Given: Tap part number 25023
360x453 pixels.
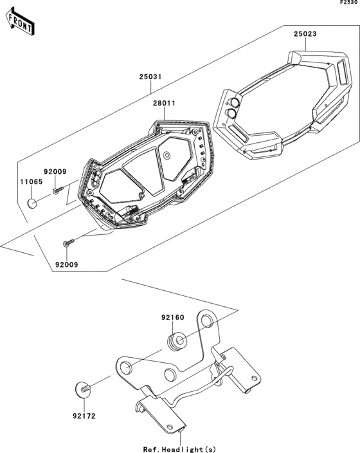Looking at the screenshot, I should pyautogui.click(x=306, y=34).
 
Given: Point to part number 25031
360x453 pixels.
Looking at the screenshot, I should pyautogui.click(x=151, y=77).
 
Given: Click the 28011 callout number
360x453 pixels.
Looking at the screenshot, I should pyautogui.click(x=164, y=103).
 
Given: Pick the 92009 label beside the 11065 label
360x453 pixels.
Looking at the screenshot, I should pyautogui.click(x=55, y=172).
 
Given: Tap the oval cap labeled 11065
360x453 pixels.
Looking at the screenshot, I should pyautogui.click(x=32, y=204).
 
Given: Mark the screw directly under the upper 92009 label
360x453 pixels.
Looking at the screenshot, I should pyautogui.click(x=57, y=190).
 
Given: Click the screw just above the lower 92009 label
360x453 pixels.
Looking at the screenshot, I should pyautogui.click(x=69, y=243).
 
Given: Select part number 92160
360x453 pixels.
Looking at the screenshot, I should pyautogui.click(x=172, y=317).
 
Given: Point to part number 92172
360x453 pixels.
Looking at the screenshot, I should pyautogui.click(x=84, y=416).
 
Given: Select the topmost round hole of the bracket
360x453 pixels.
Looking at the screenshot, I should pyautogui.click(x=206, y=320).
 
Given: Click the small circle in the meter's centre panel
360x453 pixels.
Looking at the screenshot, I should pyautogui.click(x=167, y=155).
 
